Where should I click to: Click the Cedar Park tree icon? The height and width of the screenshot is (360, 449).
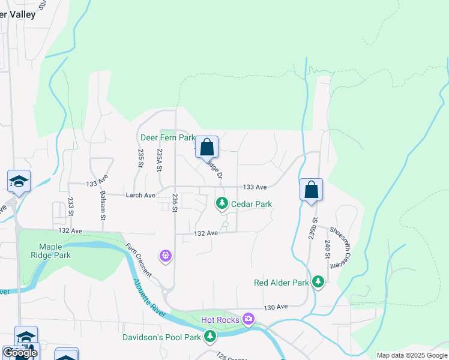coord(222,204)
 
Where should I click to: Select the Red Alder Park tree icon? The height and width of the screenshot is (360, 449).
coord(318,282)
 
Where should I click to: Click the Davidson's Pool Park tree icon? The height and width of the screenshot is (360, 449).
coord(210,337)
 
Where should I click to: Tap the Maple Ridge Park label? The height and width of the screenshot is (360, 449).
coord(55,251)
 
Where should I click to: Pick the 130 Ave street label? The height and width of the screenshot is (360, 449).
coord(277,307)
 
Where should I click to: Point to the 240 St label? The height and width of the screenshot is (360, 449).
coord(328,248)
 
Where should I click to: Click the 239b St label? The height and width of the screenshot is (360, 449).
coord(314,230)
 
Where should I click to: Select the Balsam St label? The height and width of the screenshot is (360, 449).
coord(103,203)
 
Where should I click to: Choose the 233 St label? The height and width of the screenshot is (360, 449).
coord(71,207)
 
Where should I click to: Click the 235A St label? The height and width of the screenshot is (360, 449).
coord(160,160)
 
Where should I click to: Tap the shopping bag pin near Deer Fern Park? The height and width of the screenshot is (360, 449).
coord(206,146)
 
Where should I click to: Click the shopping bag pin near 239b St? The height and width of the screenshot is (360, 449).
coord(311,190)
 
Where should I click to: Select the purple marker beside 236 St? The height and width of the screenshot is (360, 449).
coord(166,256)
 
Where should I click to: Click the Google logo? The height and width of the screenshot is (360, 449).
coord(20,353)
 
